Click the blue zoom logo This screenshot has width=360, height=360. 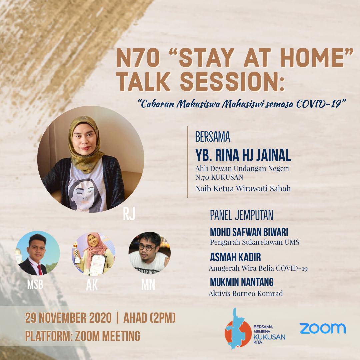[323, 328]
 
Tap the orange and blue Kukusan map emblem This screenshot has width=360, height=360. [238, 329]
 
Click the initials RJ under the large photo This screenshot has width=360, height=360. [129, 214]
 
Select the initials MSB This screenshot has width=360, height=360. [35, 285]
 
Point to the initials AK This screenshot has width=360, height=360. [92, 285]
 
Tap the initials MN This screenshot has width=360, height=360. [148, 285]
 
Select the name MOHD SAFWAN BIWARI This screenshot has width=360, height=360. [249, 232]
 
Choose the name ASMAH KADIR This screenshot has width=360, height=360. [235, 257]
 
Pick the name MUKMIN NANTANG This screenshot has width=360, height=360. [242, 282]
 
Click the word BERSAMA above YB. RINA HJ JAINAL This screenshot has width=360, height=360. [213, 137]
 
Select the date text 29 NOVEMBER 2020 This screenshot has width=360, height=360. [68, 318]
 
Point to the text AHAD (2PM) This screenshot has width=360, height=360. [149, 318]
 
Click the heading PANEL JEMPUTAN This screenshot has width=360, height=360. [242, 215]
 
